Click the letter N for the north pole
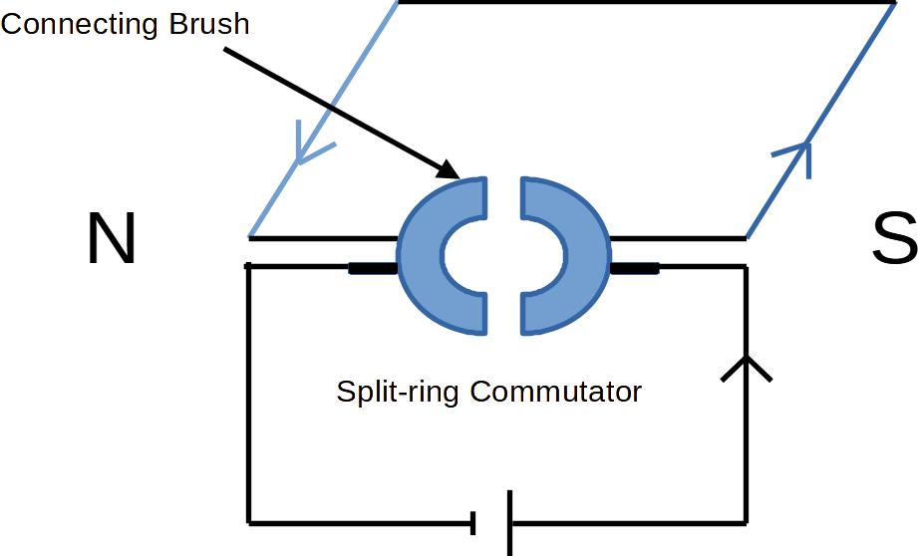(x=111, y=239)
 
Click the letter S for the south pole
(x=893, y=239)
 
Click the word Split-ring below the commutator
(x=398, y=392)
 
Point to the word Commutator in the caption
(x=556, y=392)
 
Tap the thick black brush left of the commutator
(x=373, y=267)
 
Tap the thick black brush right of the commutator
(x=634, y=267)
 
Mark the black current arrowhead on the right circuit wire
(x=746, y=369)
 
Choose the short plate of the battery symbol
(x=474, y=521)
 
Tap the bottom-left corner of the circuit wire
(x=249, y=521)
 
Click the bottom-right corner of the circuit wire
(x=746, y=521)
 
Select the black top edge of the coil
(x=648, y=2)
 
